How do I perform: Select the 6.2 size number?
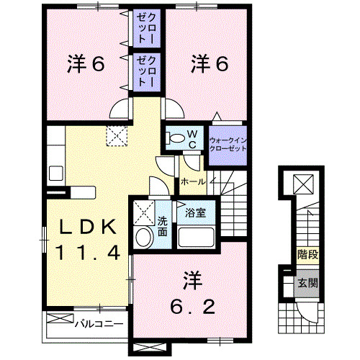pos(192,307)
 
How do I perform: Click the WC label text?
pos(192,138)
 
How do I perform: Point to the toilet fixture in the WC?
pos(174,139)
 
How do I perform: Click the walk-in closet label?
pos(228,142)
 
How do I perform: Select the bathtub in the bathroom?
pos(197,237)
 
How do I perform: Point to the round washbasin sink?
pos(144,239)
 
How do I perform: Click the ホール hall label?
pos(193,181)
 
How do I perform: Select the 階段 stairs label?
pos(307,255)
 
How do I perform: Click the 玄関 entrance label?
pos(307,284)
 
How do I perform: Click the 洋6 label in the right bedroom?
pos(210,64)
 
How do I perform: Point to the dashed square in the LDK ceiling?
pos(116,135)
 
